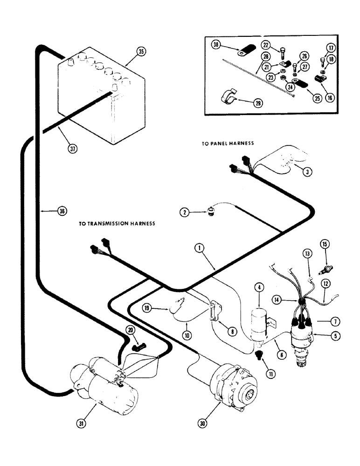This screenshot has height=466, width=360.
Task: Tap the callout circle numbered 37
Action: pyautogui.click(x=72, y=149)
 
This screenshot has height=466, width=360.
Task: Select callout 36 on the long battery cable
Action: pyautogui.click(x=62, y=212)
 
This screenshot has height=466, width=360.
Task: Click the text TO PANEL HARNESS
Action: pyautogui.click(x=228, y=144)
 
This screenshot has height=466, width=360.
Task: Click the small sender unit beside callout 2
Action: pyautogui.click(x=212, y=214)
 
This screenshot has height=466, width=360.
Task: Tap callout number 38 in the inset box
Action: pyautogui.click(x=215, y=45)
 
